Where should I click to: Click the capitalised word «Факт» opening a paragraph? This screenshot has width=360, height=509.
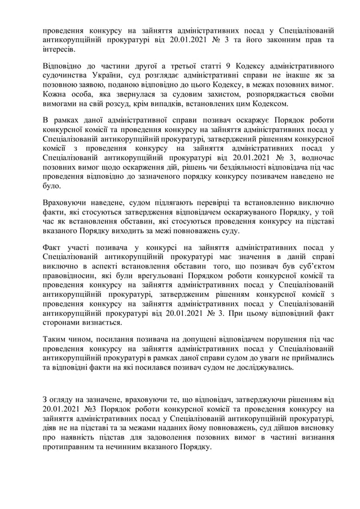tap(54, 247)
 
